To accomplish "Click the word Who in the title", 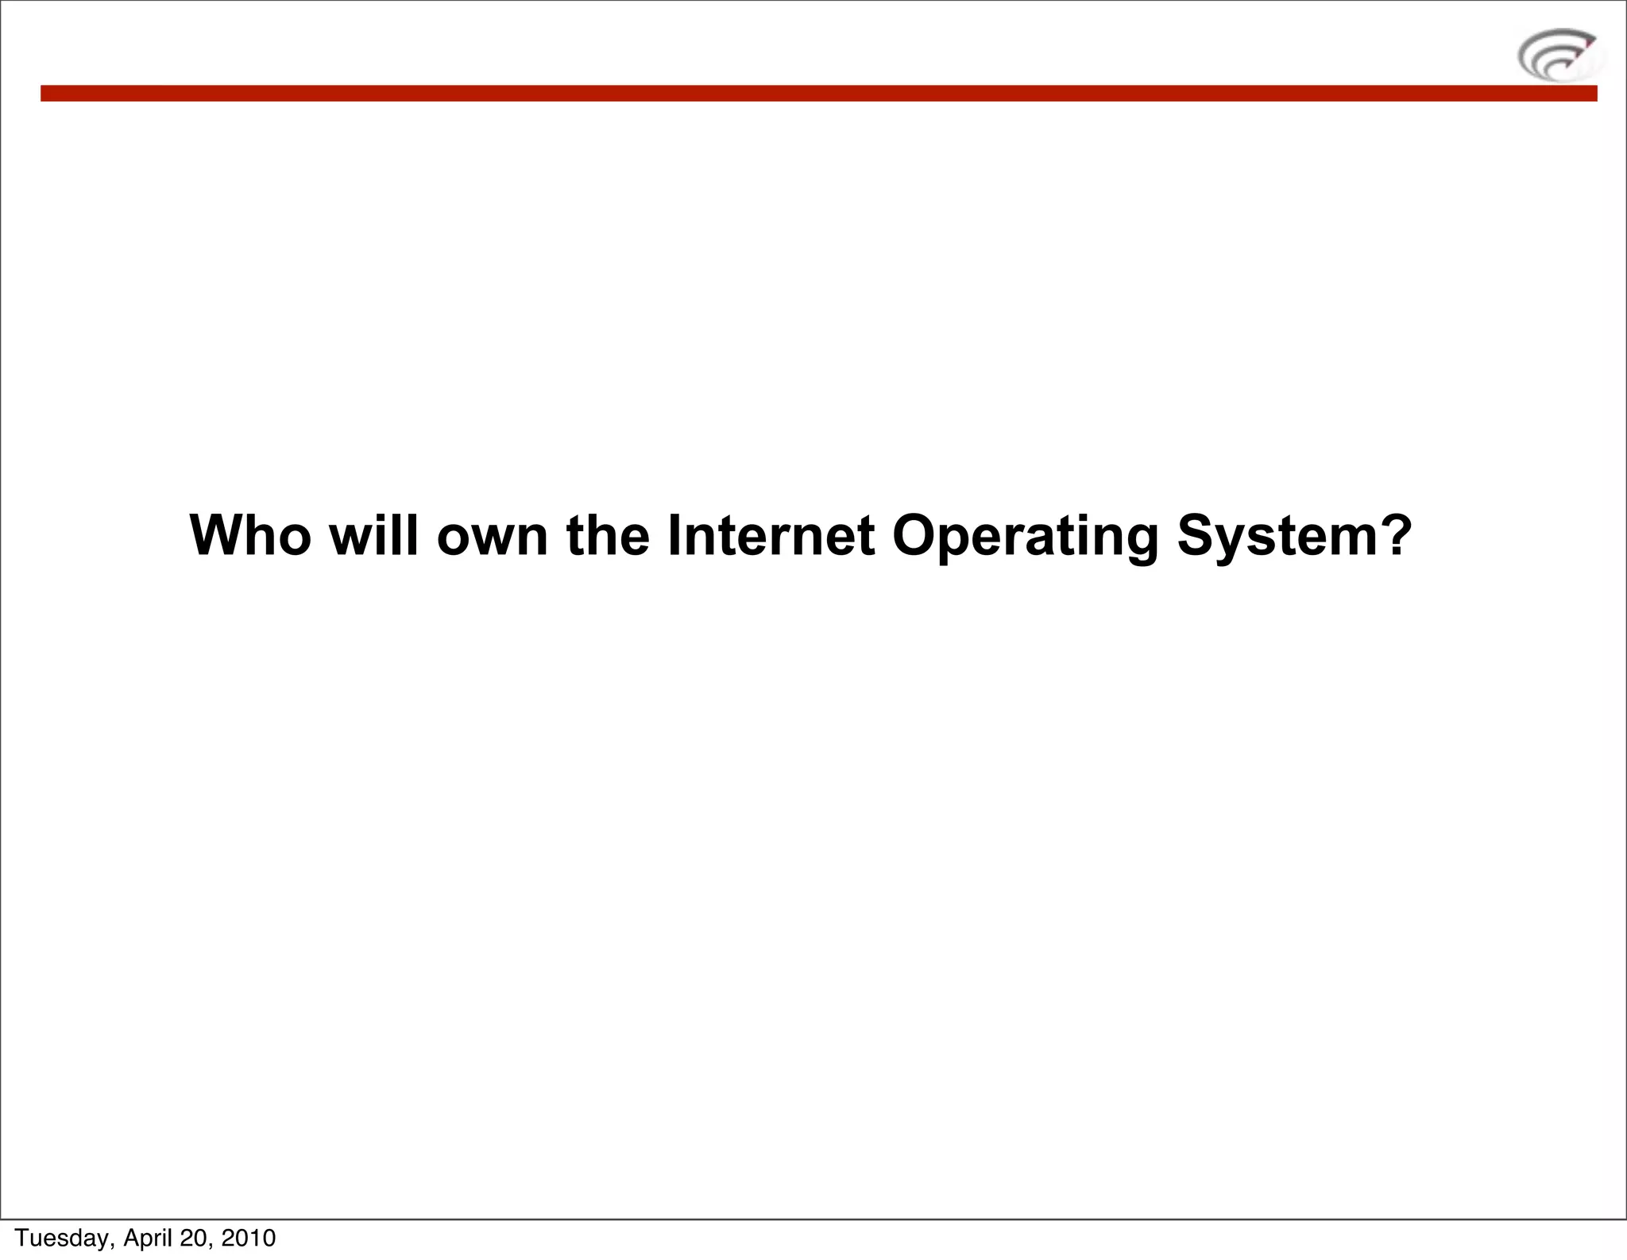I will point(250,536).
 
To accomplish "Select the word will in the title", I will point(373,536).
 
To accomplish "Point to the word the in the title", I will point(608,536).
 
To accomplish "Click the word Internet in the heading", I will point(771,536).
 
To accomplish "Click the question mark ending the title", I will point(1397,536).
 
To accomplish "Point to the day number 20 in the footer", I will point(194,1238).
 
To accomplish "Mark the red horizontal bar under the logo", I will point(818,94).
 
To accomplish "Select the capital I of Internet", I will point(674,536).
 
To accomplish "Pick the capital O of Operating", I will point(914,536).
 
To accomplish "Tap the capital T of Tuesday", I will point(21,1238).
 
